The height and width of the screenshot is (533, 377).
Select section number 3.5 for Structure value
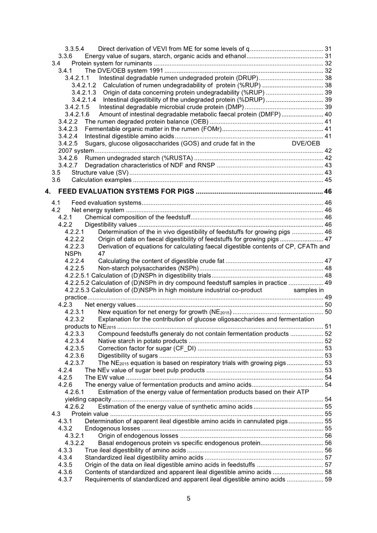pyautogui.click(x=56, y=172)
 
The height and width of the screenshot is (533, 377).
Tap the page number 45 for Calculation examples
pyautogui.click(x=328, y=180)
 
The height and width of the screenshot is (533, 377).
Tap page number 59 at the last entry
pyautogui.click(x=328, y=480)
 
